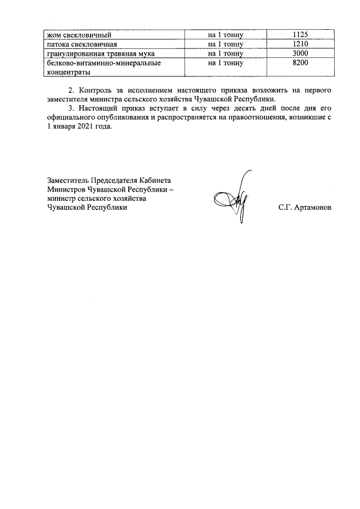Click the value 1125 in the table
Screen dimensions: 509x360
pyautogui.click(x=301, y=34)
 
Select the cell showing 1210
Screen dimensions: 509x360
pyautogui.click(x=301, y=44)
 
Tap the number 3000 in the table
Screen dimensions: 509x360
pyautogui.click(x=301, y=54)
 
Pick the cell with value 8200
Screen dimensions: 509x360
pyautogui.click(x=301, y=64)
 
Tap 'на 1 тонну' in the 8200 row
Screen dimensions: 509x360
pyautogui.click(x=225, y=64)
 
